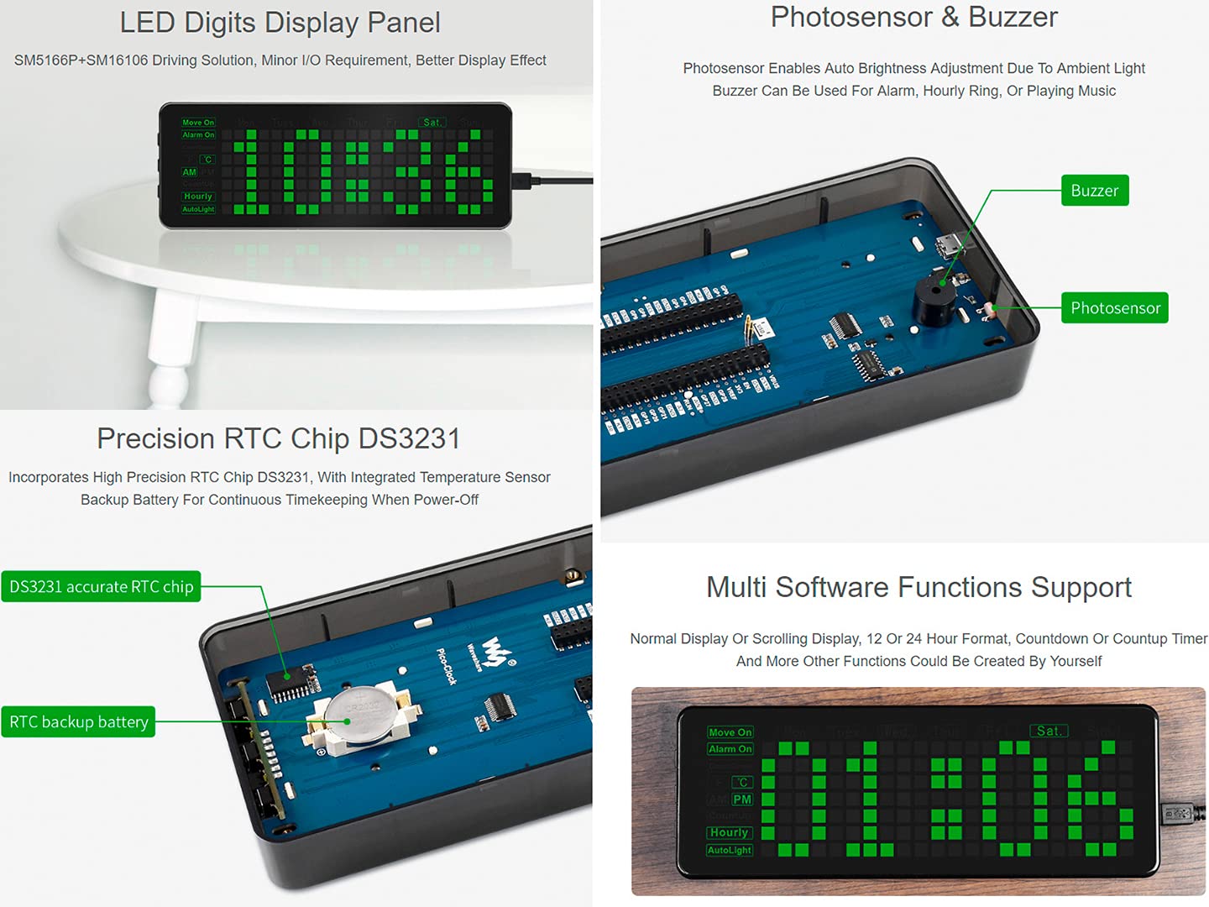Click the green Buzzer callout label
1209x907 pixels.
[x=1094, y=191]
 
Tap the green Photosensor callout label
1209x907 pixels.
[x=1114, y=308]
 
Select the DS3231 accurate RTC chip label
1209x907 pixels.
[x=102, y=586]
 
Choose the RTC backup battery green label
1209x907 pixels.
[x=79, y=721]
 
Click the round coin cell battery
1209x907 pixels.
[x=360, y=714]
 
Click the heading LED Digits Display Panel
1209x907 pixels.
[x=280, y=23]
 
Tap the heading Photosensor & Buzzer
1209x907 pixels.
[x=913, y=17]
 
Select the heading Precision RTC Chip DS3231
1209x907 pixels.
[x=278, y=438]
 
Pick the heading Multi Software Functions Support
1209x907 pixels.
[x=919, y=587]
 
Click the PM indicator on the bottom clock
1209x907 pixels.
[x=742, y=800]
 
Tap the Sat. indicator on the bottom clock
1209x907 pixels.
[x=1048, y=731]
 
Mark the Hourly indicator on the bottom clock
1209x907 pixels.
[x=729, y=832]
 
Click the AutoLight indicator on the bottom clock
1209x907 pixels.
[x=729, y=850]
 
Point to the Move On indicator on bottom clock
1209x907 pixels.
[x=730, y=732]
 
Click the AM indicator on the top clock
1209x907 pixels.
[x=190, y=172]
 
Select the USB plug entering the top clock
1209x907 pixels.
[x=522, y=180]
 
